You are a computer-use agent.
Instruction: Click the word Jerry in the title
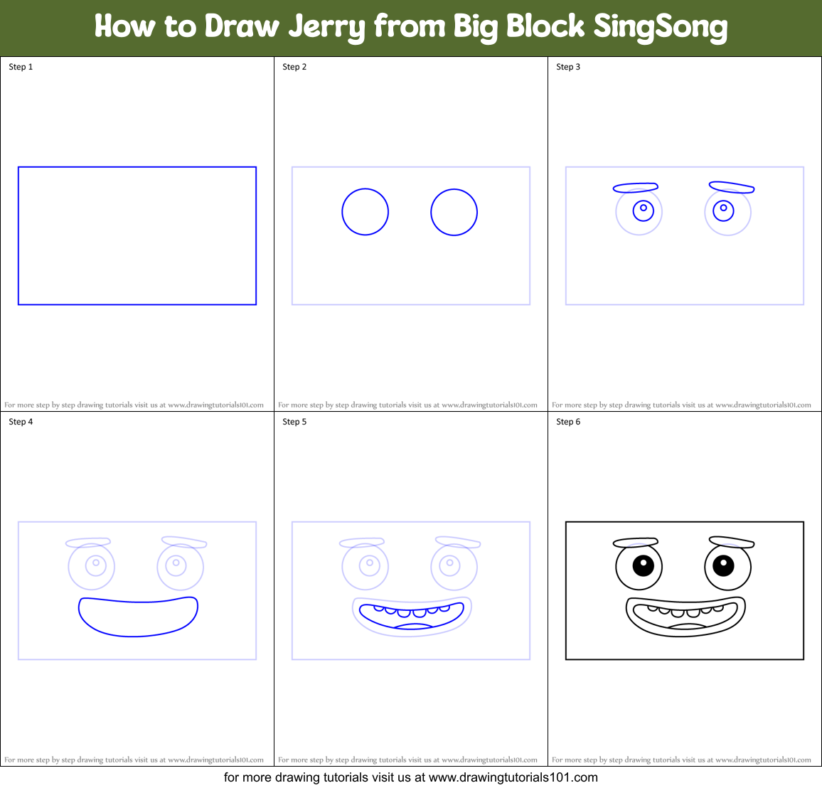point(327,27)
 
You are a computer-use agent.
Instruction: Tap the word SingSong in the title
point(660,27)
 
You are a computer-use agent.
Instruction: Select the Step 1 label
point(21,67)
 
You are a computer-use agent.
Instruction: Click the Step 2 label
point(294,67)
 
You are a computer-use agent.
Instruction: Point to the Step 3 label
point(568,67)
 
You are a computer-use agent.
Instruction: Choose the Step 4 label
point(21,422)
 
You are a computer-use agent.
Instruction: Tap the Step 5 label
point(294,422)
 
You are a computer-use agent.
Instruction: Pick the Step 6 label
point(568,422)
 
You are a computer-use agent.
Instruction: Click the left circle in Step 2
point(365,212)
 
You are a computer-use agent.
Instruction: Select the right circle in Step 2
point(454,212)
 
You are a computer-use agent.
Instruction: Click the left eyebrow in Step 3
point(635,188)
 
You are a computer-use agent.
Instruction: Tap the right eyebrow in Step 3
point(731,187)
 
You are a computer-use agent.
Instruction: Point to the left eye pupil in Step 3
point(644,208)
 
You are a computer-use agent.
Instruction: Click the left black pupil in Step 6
point(643,565)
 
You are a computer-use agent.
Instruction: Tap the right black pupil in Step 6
point(723,565)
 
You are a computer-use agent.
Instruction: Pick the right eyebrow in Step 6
point(731,542)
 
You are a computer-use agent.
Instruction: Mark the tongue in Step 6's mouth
point(687,626)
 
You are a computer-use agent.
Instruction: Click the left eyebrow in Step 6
point(635,543)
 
